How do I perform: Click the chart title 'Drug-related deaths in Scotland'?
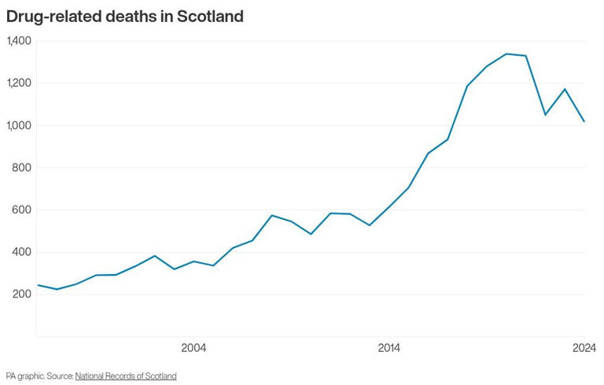pyautogui.click(x=124, y=16)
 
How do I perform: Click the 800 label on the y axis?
pyautogui.click(x=21, y=168)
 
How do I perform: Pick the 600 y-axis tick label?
pyautogui.click(x=21, y=210)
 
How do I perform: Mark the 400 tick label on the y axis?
pyautogui.click(x=21, y=252)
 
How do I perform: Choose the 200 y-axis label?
pyautogui.click(x=21, y=294)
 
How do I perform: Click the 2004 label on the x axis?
pyautogui.click(x=193, y=348)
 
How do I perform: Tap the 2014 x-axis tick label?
pyautogui.click(x=389, y=348)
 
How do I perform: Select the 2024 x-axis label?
pyautogui.click(x=584, y=348)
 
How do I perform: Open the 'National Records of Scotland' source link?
pyautogui.click(x=126, y=376)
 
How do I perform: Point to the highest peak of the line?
pyautogui.click(x=506, y=54)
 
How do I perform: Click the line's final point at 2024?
pyautogui.click(x=584, y=121)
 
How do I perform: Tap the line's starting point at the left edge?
pyautogui.click(x=38, y=285)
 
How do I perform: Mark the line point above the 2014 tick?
pyautogui.click(x=389, y=207)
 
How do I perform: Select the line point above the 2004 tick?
pyautogui.click(x=193, y=261)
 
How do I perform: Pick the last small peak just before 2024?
pyautogui.click(x=565, y=89)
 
